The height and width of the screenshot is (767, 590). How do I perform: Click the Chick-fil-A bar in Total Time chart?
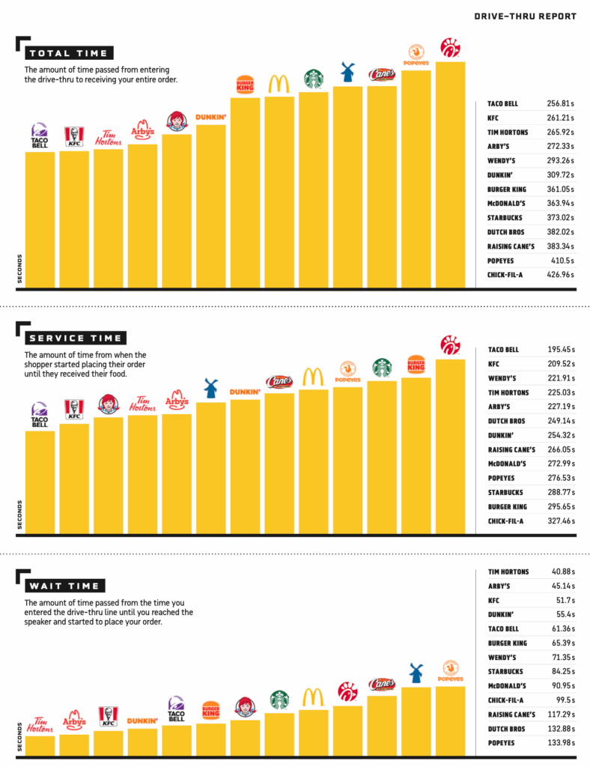(450, 175)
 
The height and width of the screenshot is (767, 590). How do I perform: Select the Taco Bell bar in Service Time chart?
(40, 482)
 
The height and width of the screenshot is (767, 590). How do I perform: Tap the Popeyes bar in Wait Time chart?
(450, 721)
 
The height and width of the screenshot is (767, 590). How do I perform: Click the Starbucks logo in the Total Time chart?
(313, 79)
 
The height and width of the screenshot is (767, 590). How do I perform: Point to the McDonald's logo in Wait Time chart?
(313, 697)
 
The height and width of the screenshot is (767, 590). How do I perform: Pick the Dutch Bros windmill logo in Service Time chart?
(210, 388)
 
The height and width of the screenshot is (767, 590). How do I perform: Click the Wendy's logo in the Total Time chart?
(177, 121)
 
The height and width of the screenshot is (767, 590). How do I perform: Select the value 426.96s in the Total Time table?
(560, 275)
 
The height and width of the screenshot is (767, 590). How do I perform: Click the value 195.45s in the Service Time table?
(561, 350)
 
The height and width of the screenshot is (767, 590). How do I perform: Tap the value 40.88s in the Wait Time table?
(563, 572)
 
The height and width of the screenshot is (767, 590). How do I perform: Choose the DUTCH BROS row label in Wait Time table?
(506, 729)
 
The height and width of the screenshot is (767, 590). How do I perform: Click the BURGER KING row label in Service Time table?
(508, 507)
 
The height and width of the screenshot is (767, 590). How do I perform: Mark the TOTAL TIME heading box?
(69, 53)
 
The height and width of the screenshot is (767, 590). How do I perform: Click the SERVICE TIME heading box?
(76, 338)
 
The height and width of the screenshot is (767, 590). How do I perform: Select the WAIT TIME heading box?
(65, 586)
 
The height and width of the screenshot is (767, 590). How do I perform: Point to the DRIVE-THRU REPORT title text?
(526, 16)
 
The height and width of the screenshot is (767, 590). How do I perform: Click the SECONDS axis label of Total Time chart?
(19, 269)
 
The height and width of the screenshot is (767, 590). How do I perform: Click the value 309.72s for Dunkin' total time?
(560, 175)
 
